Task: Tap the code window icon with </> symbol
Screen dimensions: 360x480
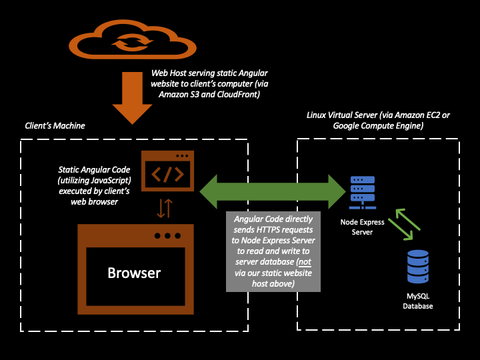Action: [x=167, y=171]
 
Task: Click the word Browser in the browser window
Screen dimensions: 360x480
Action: [x=135, y=273]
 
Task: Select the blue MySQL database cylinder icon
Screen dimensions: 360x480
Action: [x=418, y=267]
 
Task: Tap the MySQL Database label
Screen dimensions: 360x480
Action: [x=418, y=301]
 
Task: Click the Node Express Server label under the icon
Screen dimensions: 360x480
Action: [x=362, y=227]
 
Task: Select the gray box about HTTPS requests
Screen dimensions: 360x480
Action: [x=273, y=252]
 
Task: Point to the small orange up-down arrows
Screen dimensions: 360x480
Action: [x=164, y=209]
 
